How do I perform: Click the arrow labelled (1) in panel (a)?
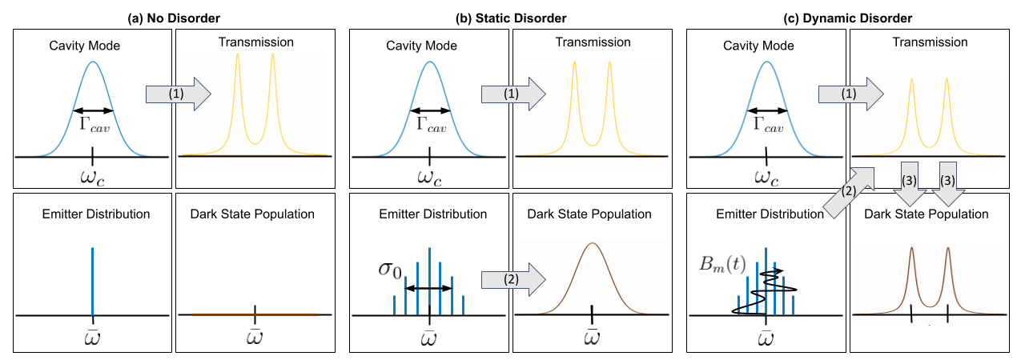[x=177, y=94]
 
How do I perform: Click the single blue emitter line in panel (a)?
[x=93, y=280]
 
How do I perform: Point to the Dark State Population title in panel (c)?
[x=926, y=214]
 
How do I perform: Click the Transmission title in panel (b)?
[x=593, y=42]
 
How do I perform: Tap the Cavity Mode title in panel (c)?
[x=764, y=46]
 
